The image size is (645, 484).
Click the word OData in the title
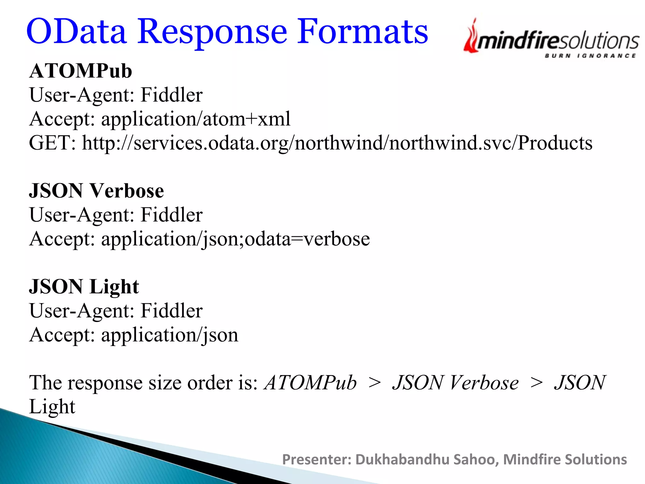[x=77, y=32]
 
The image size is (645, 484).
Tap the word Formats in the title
[x=362, y=32]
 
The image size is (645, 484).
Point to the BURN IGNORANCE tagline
[x=590, y=56]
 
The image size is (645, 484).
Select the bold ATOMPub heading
[x=81, y=71]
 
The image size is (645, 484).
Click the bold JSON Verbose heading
[x=96, y=191]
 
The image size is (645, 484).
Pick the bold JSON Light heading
[x=84, y=287]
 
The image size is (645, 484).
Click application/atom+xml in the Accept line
[x=196, y=119]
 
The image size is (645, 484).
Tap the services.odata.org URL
[x=337, y=143]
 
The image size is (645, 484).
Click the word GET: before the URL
[x=52, y=143]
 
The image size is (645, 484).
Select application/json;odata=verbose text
[x=235, y=239]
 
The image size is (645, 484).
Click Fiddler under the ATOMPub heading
[x=171, y=95]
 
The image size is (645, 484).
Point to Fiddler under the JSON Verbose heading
[x=171, y=215]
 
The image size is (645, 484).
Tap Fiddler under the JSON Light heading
[x=171, y=311]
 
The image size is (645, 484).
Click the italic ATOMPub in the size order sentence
[x=311, y=383]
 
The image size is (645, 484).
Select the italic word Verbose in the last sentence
[x=484, y=383]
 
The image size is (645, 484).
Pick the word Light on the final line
[x=52, y=406]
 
